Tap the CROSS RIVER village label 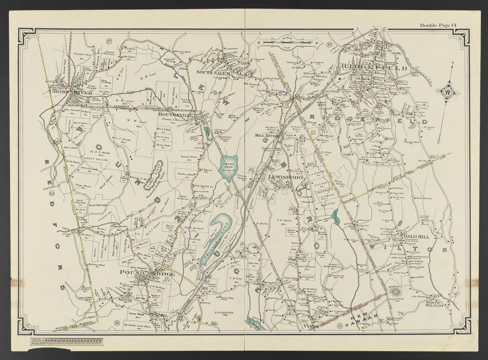pos(65,92)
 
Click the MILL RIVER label pos(265,135)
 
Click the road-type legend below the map pos(66,341)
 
